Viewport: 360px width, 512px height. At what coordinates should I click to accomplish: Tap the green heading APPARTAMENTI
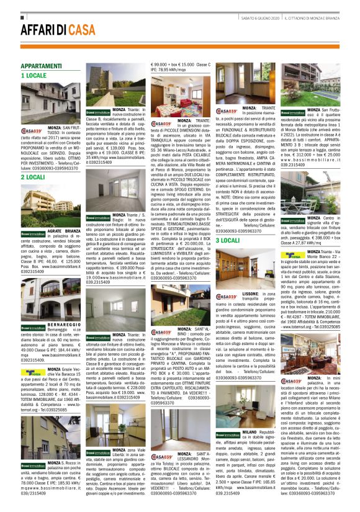[x=41, y=66]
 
